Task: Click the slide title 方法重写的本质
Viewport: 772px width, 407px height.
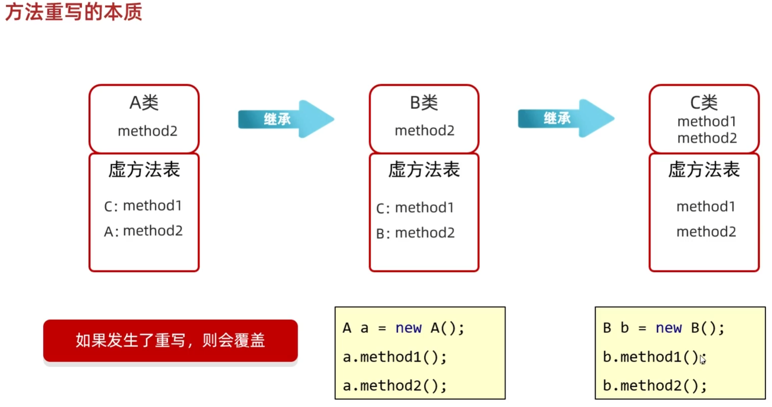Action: tap(73, 12)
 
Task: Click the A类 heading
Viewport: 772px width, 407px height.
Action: tap(144, 103)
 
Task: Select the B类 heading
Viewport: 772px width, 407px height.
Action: tap(424, 103)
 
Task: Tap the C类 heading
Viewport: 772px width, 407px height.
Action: tap(704, 103)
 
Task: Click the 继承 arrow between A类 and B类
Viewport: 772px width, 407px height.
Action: tap(286, 119)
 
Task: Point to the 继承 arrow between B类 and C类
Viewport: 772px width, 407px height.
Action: tap(566, 118)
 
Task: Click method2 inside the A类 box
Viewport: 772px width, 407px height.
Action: tap(148, 131)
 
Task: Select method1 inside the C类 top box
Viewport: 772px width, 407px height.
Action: tap(707, 121)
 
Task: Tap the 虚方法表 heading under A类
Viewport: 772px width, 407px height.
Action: tap(144, 169)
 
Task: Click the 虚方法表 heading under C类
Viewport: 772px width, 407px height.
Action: tap(704, 169)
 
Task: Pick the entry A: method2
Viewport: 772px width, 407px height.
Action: tap(143, 231)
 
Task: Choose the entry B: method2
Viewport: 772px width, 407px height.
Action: tap(415, 233)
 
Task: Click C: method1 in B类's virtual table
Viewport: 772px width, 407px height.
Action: tap(415, 208)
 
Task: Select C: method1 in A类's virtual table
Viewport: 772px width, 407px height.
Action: tap(143, 206)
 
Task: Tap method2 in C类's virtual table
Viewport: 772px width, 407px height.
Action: tap(706, 232)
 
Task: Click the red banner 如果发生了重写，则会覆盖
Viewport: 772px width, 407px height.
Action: tap(170, 341)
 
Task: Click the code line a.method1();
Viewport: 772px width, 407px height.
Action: tap(395, 357)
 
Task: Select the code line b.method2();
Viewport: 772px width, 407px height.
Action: tap(655, 386)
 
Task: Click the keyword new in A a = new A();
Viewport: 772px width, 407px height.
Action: tap(408, 328)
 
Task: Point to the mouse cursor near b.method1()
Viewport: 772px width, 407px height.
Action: tap(702, 359)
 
